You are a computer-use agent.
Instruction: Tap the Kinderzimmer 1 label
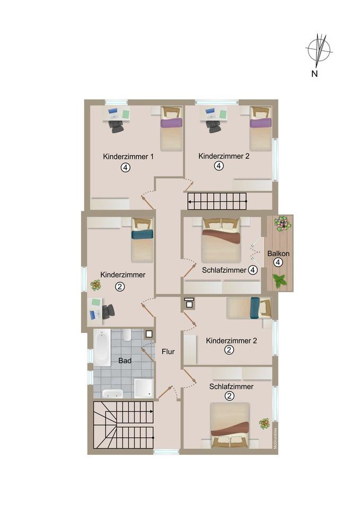128,156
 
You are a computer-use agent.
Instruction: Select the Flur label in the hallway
168,352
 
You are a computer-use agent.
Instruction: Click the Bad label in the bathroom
125,361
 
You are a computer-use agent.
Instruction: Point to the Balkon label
278,253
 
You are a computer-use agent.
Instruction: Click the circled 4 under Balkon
278,262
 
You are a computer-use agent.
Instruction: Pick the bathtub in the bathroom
102,347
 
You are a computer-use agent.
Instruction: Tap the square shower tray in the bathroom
144,388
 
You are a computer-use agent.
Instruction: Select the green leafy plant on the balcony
279,281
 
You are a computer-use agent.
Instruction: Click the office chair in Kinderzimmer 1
116,126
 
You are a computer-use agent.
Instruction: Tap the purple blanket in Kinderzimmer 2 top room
260,123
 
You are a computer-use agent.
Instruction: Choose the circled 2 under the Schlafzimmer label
230,396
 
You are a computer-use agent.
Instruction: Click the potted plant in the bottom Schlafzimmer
264,423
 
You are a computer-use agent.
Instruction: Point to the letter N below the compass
314,74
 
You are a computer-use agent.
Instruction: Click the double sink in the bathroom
112,393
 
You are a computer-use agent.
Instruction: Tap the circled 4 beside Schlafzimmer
253,270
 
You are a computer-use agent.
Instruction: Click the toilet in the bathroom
127,335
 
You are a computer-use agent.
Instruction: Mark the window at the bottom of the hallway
166,452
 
